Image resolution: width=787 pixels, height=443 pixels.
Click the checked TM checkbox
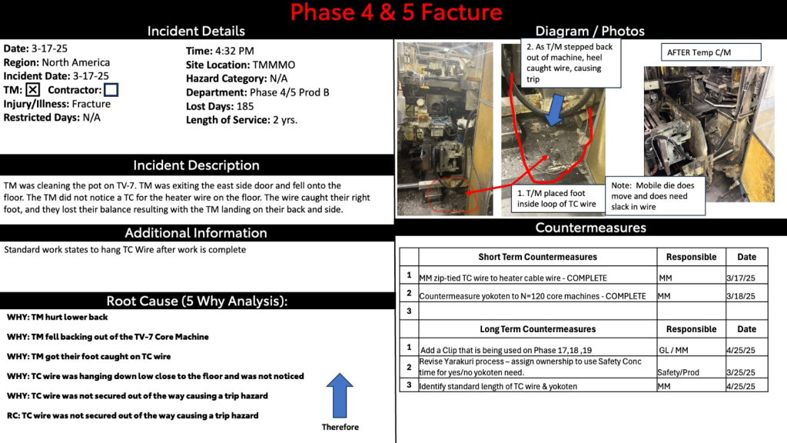(32, 90)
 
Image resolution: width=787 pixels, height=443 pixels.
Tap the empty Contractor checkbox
(111, 90)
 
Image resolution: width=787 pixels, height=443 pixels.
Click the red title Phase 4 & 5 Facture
(396, 12)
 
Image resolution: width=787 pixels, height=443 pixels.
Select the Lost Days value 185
(244, 106)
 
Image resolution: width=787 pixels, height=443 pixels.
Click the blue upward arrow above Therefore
(340, 395)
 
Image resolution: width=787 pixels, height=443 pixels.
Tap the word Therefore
(340, 427)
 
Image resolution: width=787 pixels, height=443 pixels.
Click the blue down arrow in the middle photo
(554, 109)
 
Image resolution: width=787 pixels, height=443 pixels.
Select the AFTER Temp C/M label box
(711, 52)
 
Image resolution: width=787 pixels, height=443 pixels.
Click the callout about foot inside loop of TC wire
(557, 198)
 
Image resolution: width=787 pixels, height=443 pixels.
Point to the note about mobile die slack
(655, 196)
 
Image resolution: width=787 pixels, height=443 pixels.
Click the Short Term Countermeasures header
(537, 257)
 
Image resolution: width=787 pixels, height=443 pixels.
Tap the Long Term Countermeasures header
(537, 329)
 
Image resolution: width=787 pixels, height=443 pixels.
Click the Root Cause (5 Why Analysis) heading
(197, 301)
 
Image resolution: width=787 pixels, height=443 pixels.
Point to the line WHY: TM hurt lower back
(57, 317)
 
